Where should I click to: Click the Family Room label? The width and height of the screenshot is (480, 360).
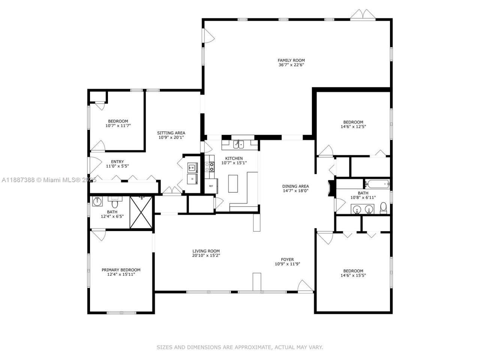tap(291, 60)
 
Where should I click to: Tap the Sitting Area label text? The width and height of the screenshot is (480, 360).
tap(171, 133)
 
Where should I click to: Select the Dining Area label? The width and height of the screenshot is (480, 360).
tap(295, 186)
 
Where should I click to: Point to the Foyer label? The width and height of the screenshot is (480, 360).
tap(287, 259)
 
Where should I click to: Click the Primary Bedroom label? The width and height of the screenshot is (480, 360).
tap(121, 270)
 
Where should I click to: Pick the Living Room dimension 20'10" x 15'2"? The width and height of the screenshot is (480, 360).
tap(206, 256)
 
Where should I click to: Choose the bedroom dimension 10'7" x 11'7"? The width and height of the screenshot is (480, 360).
tap(118, 126)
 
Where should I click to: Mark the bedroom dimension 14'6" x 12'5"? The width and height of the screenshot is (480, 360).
tap(353, 127)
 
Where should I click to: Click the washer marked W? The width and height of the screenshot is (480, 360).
tap(192, 168)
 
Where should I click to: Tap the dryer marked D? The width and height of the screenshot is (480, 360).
tap(192, 179)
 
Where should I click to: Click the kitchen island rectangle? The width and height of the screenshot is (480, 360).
tap(233, 183)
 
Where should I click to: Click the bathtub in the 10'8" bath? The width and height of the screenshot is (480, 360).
tap(378, 184)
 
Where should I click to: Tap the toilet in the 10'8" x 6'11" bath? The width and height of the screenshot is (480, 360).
tap(383, 208)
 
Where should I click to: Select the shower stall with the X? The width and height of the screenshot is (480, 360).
tap(141, 212)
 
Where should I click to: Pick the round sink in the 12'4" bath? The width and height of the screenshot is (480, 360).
tap(97, 202)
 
